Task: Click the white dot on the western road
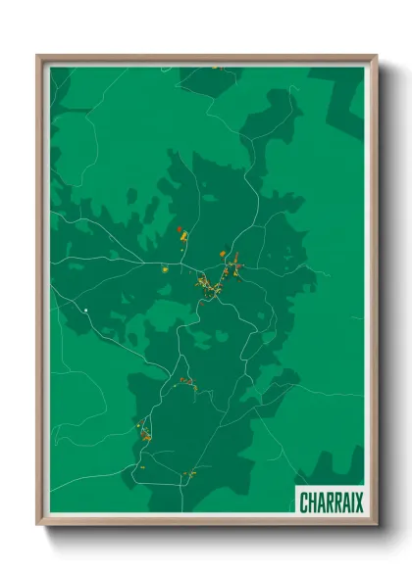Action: pos(86,311)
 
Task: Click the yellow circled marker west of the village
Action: pos(165,268)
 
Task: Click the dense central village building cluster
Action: pos(206,284)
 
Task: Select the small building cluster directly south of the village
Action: pos(186,382)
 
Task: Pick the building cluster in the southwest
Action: pos(144,433)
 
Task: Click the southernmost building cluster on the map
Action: pos(190,474)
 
